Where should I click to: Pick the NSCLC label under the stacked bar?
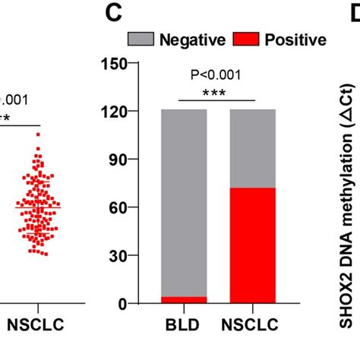(x=252, y=330)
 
